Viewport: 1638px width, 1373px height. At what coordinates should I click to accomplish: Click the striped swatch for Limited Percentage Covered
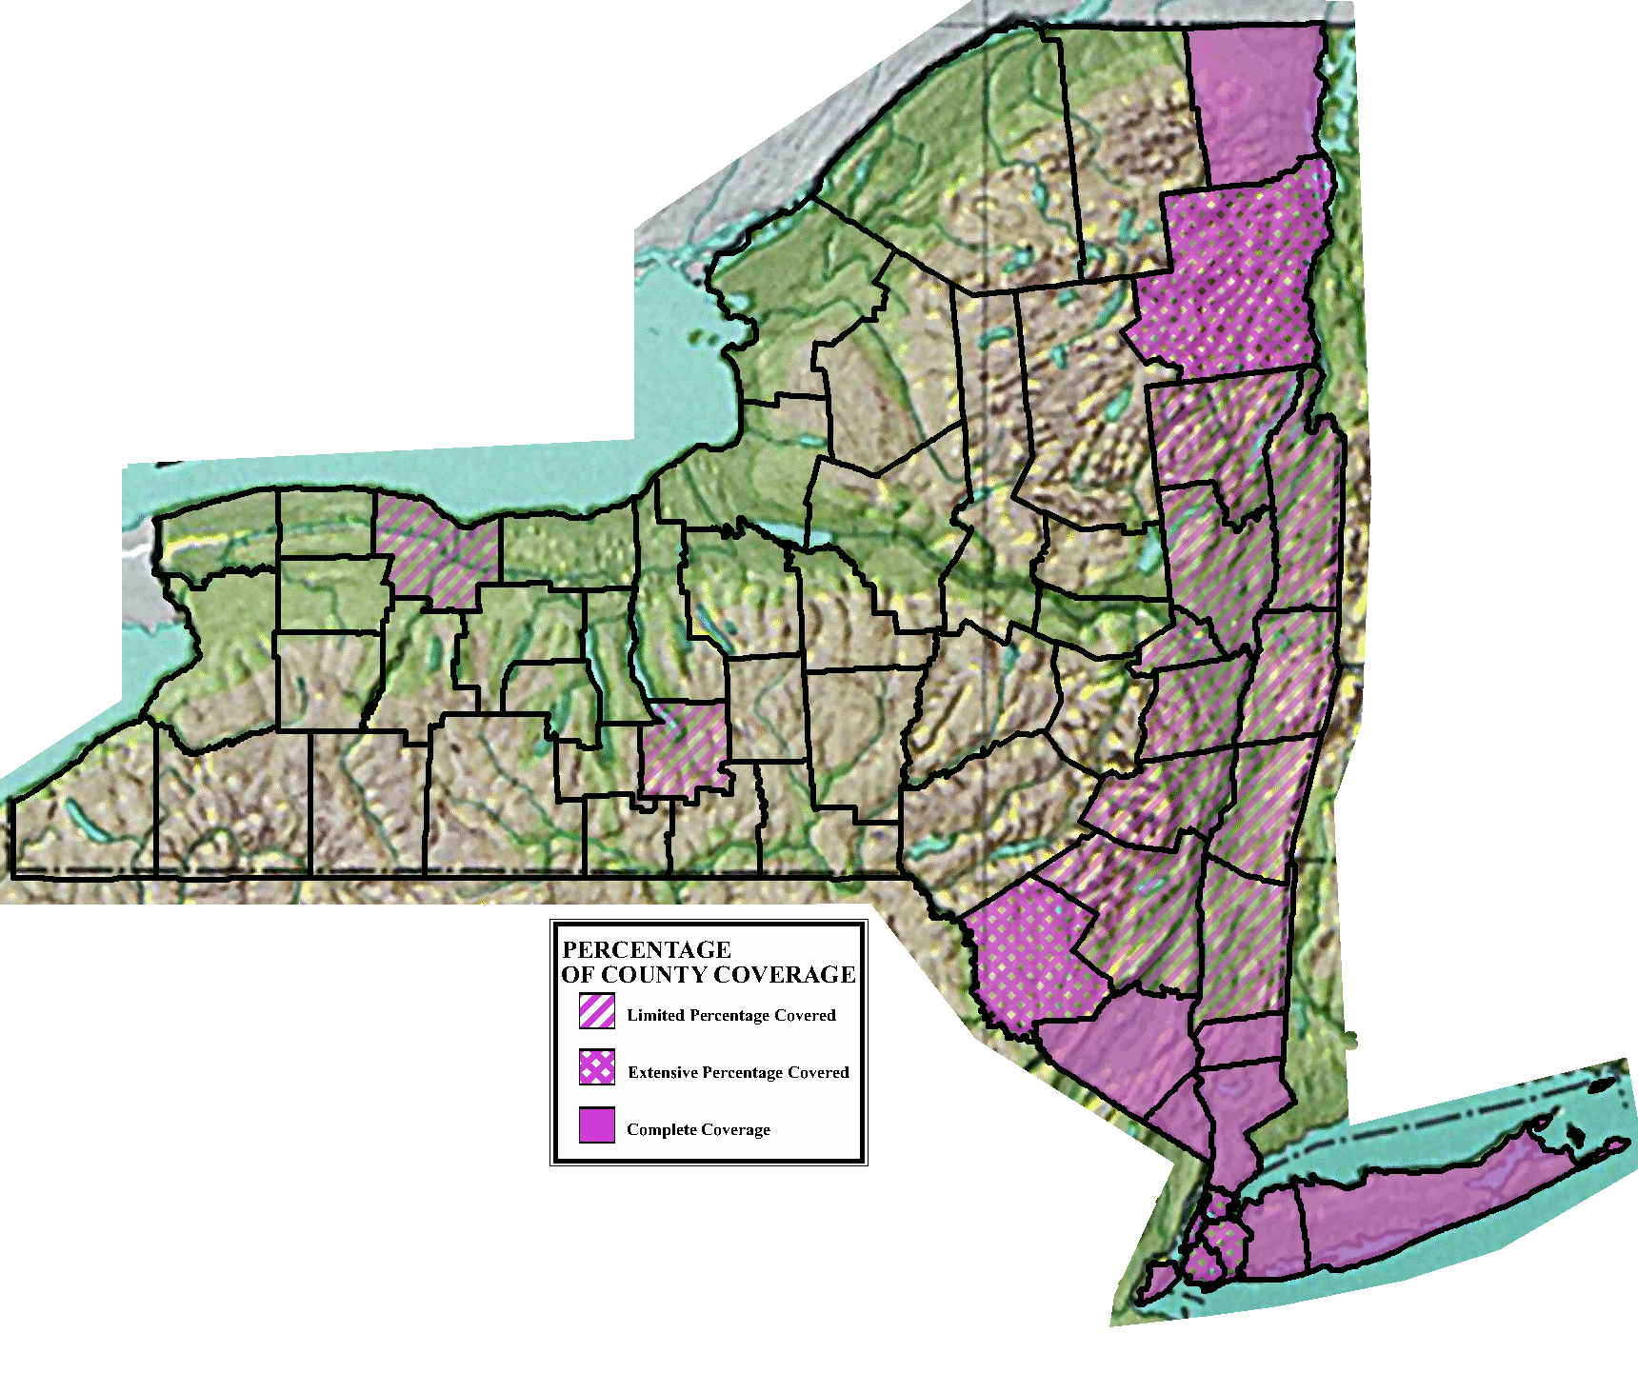pyautogui.click(x=597, y=1011)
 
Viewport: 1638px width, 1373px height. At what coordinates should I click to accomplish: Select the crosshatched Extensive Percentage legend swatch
pyautogui.click(x=597, y=1067)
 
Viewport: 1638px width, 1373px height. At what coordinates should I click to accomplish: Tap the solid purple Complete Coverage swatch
pyautogui.click(x=597, y=1124)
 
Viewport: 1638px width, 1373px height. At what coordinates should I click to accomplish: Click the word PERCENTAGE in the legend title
pyautogui.click(x=647, y=949)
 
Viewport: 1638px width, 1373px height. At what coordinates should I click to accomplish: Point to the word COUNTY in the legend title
pyautogui.click(x=654, y=974)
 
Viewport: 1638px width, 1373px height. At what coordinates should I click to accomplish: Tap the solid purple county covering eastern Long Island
pyautogui.click(x=1428, y=1209)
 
